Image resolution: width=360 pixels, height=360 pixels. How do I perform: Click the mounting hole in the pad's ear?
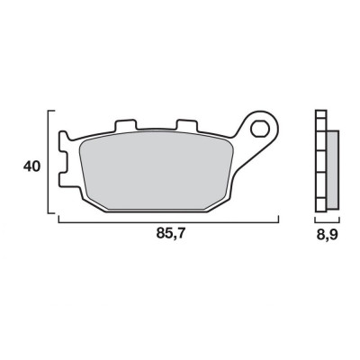262,126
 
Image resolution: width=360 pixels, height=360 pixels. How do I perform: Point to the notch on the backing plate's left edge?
64,166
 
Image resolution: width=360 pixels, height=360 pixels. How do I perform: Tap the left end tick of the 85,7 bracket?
58,218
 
